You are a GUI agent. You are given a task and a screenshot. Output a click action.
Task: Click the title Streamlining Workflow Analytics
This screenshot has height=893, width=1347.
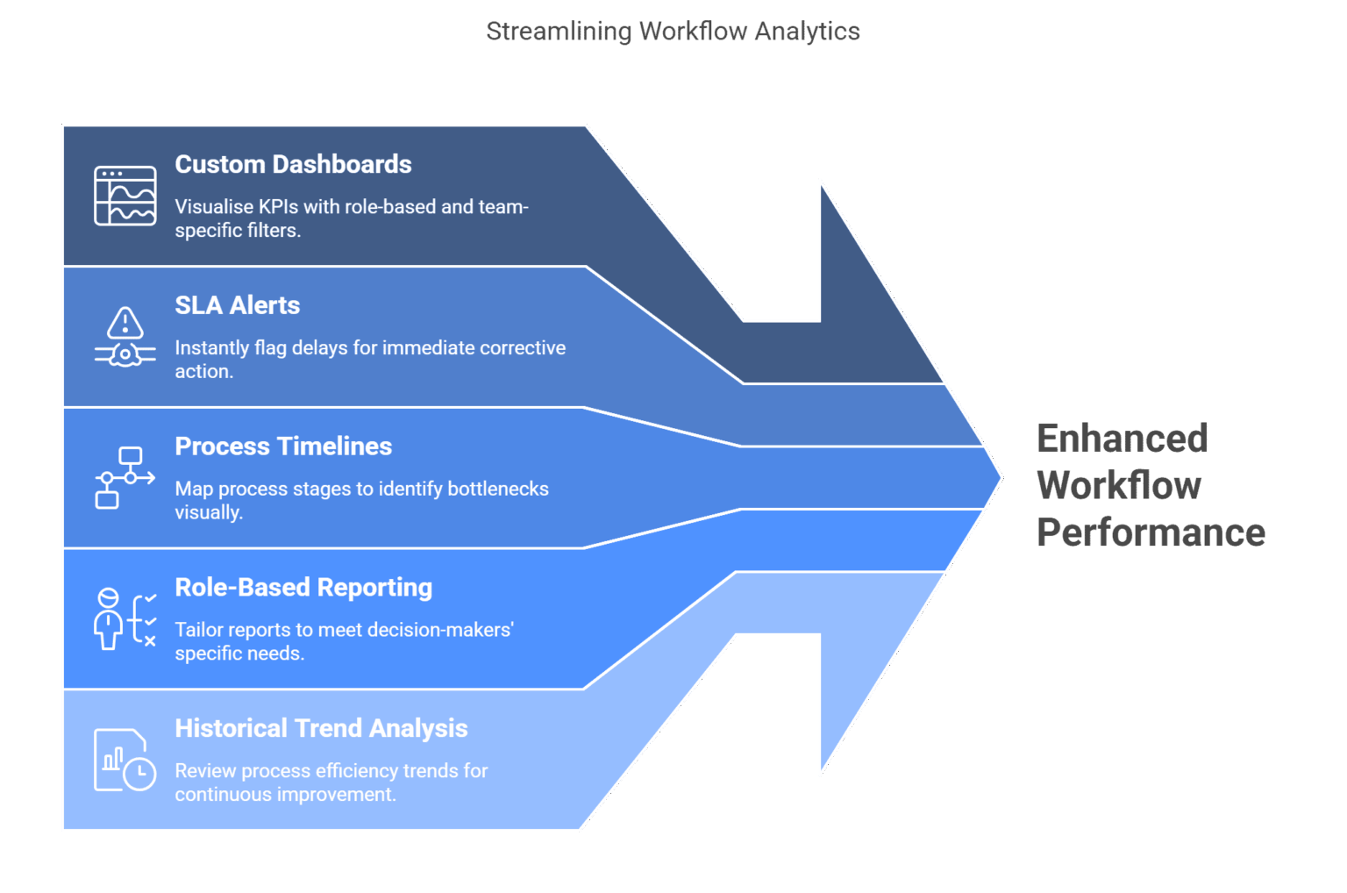(673, 32)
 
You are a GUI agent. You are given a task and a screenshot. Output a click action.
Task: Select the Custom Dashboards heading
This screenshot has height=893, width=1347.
(293, 164)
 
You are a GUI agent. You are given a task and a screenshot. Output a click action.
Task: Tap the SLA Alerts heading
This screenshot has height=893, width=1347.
(237, 305)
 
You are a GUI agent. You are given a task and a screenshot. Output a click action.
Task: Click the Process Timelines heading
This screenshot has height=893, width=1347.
(283, 446)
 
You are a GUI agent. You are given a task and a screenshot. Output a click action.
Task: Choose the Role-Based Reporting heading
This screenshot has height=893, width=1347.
(303, 588)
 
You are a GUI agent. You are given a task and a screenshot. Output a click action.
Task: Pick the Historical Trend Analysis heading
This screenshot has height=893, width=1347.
(321, 729)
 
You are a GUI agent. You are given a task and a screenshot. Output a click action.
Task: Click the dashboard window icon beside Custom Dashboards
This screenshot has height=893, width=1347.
(125, 196)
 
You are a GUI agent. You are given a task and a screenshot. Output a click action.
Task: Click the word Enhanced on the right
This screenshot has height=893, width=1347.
(1122, 439)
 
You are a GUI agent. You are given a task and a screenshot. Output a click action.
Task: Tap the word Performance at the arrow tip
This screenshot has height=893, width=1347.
(1151, 532)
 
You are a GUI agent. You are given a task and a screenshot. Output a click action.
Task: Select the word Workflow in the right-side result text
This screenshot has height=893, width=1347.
(1119, 486)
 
